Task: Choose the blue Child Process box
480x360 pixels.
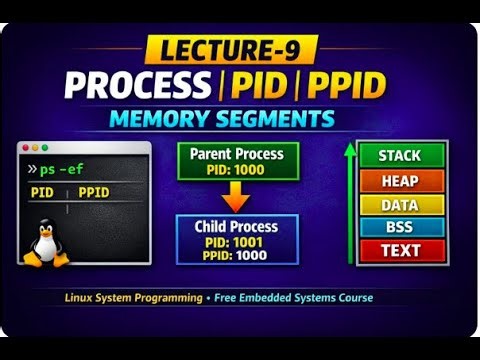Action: (236, 239)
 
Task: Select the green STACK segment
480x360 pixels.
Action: (400, 156)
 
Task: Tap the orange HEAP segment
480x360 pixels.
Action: (400, 181)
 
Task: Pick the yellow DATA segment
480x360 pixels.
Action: (400, 204)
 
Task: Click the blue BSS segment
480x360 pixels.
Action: (400, 227)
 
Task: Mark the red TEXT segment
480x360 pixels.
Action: (400, 250)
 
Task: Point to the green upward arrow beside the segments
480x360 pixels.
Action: (350, 200)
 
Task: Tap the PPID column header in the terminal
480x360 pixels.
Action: (93, 192)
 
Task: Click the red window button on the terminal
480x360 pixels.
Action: (24, 149)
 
